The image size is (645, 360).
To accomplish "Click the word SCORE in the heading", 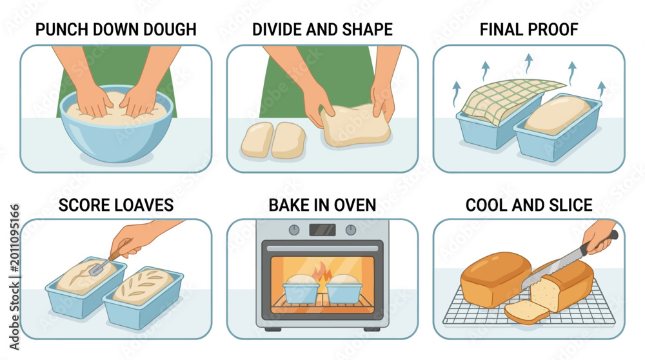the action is pos(82,205).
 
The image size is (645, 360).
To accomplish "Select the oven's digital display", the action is pos(322,230).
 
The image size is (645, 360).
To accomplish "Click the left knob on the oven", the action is pos(293,230).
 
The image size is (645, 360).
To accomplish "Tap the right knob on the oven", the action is pos(350,230).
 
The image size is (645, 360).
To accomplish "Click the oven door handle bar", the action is pos(322,248).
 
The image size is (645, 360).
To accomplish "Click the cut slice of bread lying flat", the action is pos(527,312).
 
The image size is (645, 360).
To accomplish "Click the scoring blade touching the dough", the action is pos(98,268).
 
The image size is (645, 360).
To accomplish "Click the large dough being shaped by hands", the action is pos(355,125).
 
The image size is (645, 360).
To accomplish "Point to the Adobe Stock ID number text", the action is pos(14,238).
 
